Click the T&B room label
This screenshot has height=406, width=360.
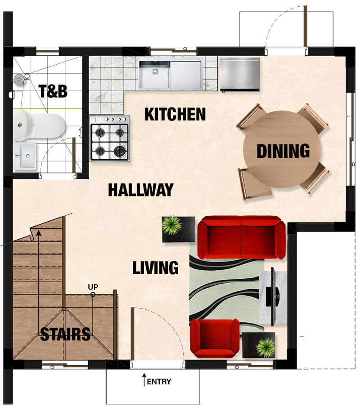53,91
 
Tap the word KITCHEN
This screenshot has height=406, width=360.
175,114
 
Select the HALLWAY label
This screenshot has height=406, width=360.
141,190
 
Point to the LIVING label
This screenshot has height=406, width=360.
156,268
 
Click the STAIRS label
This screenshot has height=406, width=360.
65,334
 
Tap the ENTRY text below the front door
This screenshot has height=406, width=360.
159,381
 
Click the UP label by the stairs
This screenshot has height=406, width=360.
93,287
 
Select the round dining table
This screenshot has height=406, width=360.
282,150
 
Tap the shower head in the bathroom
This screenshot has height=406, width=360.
18,80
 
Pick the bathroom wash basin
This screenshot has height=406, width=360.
25,156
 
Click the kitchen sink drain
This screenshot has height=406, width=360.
155,71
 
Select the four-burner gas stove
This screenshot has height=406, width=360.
110,139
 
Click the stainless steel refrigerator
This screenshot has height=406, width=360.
240,75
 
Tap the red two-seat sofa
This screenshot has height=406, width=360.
242,238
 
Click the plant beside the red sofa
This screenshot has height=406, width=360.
171,225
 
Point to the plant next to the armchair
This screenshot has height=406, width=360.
265,347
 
